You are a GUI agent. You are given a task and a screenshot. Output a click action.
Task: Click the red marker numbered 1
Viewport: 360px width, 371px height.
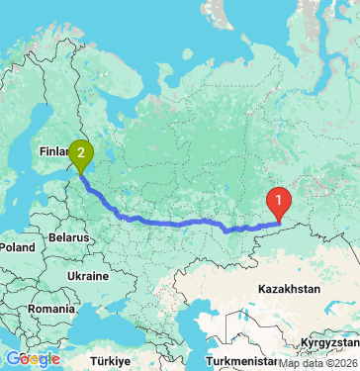coord(280,202)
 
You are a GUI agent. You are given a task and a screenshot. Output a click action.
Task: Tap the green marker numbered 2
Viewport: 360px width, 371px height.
coord(80,154)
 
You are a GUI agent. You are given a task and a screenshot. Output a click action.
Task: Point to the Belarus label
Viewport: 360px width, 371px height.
coord(68,238)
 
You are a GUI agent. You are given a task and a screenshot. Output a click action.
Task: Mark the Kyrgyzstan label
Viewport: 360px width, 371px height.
coord(330,340)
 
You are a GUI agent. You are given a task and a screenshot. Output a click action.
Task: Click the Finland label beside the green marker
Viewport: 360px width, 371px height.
coord(51,151)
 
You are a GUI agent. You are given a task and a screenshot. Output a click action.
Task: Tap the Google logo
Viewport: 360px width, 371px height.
coord(32,358)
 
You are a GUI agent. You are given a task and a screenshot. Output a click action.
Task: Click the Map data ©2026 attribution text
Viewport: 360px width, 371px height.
coord(318,363)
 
